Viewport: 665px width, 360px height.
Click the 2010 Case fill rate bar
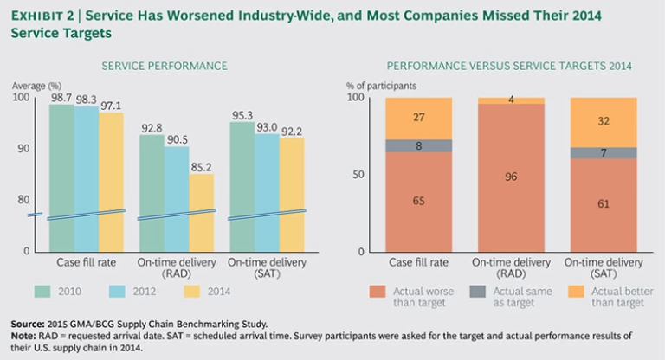[x=61, y=173]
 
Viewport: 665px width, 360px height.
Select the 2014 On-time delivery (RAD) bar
[x=201, y=212]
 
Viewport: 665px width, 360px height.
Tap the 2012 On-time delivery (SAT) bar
[x=266, y=190]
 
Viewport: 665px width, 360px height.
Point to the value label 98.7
[x=61, y=98]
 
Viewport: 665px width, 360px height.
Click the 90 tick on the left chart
[x=23, y=149]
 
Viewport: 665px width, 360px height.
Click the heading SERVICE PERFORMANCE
[x=165, y=66]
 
